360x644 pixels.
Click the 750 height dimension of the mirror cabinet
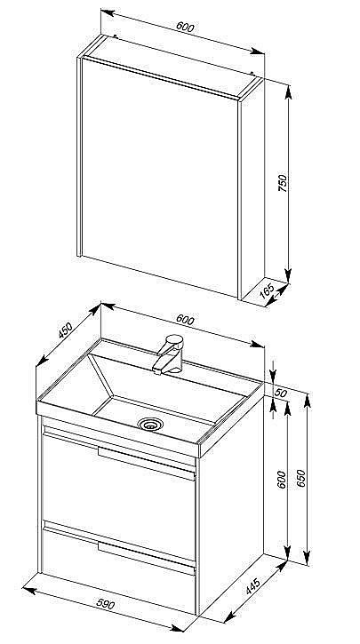click(283, 183)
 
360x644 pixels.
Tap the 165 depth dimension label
click(268, 290)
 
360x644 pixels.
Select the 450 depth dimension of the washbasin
click(65, 330)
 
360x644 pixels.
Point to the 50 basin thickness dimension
click(280, 393)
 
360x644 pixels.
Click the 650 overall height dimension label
click(301, 478)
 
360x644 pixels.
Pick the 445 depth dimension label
click(252, 586)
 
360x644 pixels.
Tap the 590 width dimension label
click(106, 604)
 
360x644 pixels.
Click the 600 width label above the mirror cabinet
click(185, 27)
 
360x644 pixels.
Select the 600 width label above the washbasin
click(185, 320)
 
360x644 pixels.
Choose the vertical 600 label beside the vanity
click(282, 480)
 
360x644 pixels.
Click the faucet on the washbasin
click(168, 354)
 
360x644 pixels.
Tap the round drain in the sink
click(150, 424)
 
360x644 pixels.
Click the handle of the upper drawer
click(147, 463)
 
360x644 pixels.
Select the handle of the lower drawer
click(147, 558)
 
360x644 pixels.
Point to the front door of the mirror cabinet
click(159, 178)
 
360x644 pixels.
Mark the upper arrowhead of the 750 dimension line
click(288, 92)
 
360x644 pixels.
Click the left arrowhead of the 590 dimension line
click(28, 590)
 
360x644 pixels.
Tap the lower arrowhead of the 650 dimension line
click(307, 558)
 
